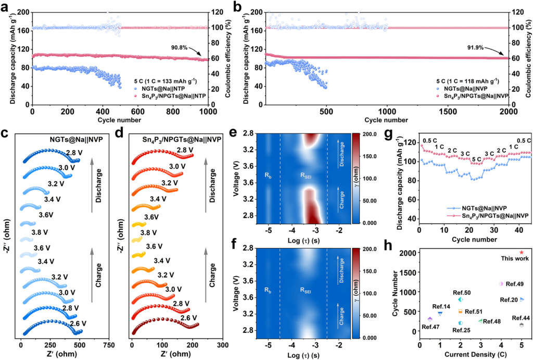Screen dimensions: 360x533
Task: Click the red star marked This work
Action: point(522,253)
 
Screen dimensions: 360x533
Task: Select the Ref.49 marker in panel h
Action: point(501,284)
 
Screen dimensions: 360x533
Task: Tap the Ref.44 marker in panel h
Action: point(521,325)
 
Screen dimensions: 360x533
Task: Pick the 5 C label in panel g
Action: point(476,159)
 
